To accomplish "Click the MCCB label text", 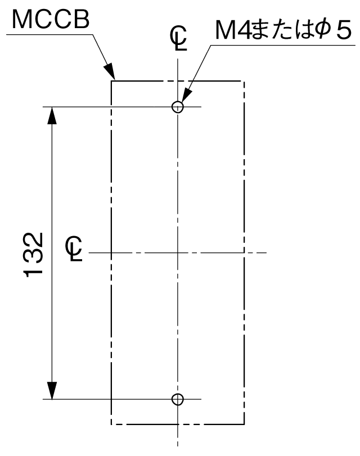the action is (51, 20).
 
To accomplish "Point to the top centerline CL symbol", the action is (178, 38).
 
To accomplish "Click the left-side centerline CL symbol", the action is (74, 249).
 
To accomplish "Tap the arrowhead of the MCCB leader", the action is (110, 71).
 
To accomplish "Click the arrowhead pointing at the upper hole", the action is (186, 94).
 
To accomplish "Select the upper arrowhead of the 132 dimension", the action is (52, 116).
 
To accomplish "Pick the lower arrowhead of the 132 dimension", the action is (52, 390).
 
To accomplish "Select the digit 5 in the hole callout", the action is (344, 30).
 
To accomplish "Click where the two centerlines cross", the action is (178, 252).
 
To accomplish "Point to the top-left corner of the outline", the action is (111, 80).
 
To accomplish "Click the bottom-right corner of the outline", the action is (244, 425).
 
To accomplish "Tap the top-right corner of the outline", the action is (244, 80).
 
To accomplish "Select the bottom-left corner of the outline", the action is (111, 425).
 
